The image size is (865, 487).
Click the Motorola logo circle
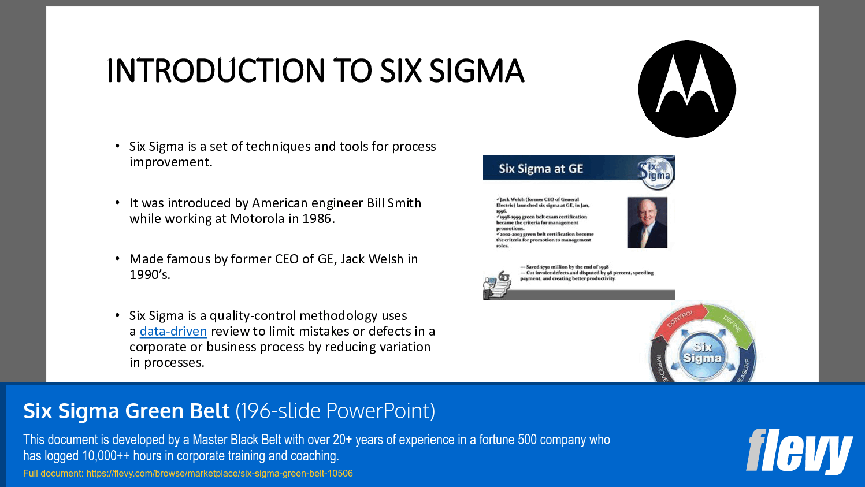click(x=687, y=89)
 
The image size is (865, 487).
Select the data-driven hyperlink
click(x=173, y=332)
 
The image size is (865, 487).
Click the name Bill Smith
click(x=394, y=203)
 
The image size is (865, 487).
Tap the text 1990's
click(x=150, y=275)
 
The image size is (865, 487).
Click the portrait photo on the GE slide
click(x=647, y=222)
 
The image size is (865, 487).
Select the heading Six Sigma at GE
click(x=541, y=169)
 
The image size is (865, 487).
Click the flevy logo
click(x=799, y=451)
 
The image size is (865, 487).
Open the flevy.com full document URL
click(x=220, y=474)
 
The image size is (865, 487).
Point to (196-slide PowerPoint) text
click(x=335, y=411)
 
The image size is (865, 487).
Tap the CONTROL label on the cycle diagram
click(x=680, y=318)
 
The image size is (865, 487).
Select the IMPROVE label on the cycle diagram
click(x=661, y=369)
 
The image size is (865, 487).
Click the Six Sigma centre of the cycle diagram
click(x=702, y=352)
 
